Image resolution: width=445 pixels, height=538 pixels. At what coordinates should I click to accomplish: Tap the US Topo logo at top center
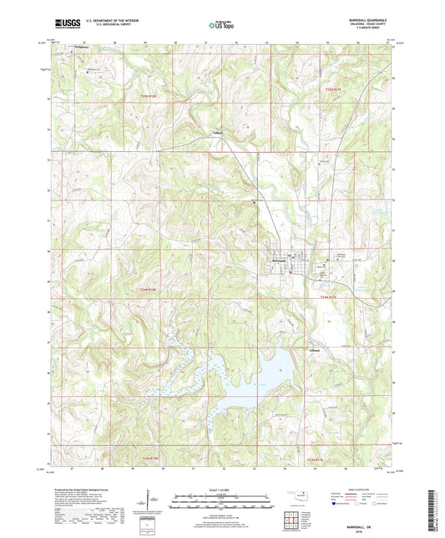pyautogui.click(x=220, y=26)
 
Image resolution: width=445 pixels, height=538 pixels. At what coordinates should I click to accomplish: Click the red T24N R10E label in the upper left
pyautogui.click(x=148, y=98)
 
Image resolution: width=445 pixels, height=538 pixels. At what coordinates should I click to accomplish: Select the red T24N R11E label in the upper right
pyautogui.click(x=334, y=89)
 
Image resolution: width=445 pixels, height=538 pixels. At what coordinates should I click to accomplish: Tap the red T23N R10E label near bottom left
pyautogui.click(x=148, y=459)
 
